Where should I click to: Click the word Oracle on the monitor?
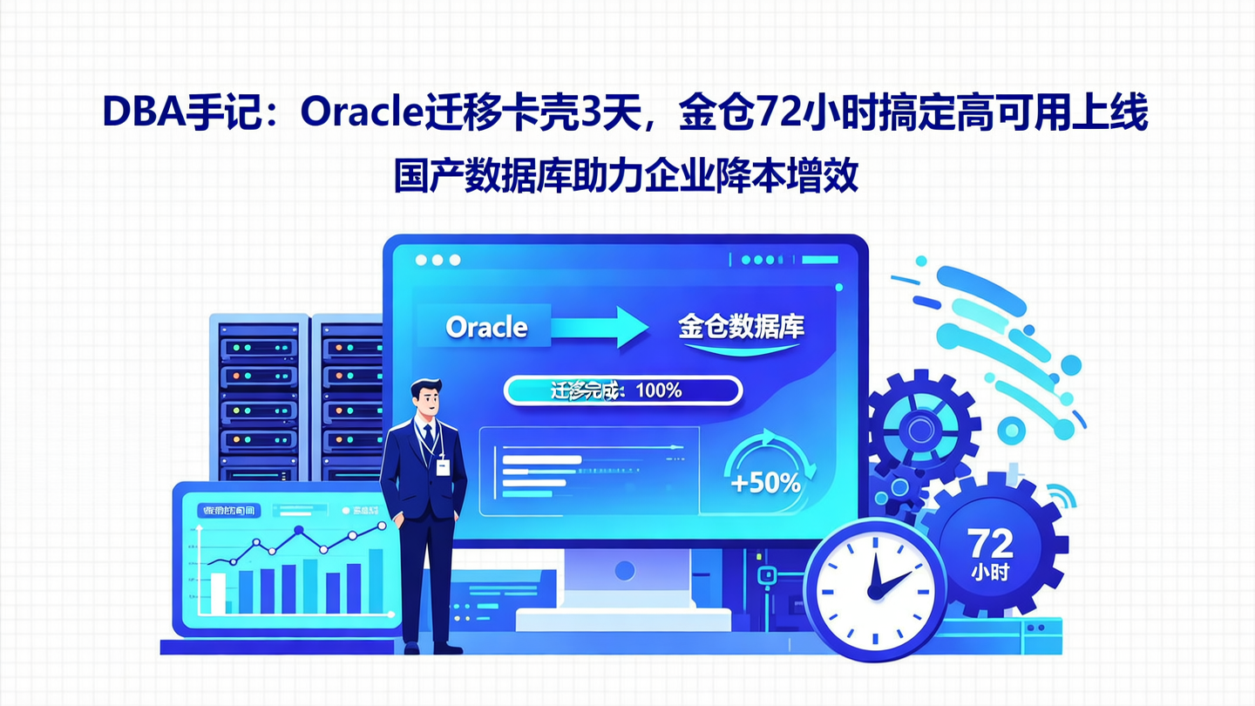pyautogui.click(x=486, y=327)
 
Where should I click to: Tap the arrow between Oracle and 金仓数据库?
pyautogui.click(x=600, y=327)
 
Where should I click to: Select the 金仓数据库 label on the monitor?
pyautogui.click(x=741, y=327)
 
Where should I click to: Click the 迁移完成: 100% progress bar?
pyautogui.click(x=623, y=390)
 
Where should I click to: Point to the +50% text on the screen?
pyautogui.click(x=766, y=482)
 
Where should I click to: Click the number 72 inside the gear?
pyautogui.click(x=991, y=544)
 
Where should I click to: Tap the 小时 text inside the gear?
pyautogui.click(x=991, y=574)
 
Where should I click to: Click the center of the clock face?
pyautogui.click(x=874, y=590)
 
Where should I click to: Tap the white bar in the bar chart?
pyautogui.click(x=218, y=593)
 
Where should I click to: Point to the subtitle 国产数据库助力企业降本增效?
pyautogui.click(x=626, y=176)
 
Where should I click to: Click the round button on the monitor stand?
pyautogui.click(x=624, y=571)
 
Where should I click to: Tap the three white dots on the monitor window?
pyautogui.click(x=438, y=260)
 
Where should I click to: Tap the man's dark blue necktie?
pyautogui.click(x=428, y=436)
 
